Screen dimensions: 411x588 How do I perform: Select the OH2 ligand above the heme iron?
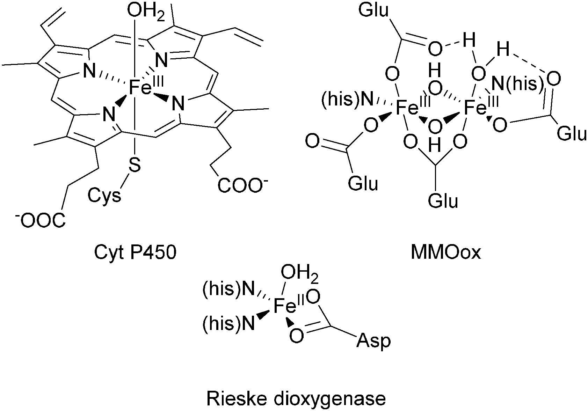click(145, 13)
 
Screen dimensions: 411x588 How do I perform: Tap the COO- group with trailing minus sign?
click(239, 186)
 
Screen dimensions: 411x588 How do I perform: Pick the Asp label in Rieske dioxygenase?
click(373, 341)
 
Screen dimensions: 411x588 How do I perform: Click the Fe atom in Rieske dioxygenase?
click(284, 306)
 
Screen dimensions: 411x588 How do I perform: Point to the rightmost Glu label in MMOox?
click(571, 134)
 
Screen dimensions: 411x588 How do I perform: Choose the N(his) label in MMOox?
click(516, 84)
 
